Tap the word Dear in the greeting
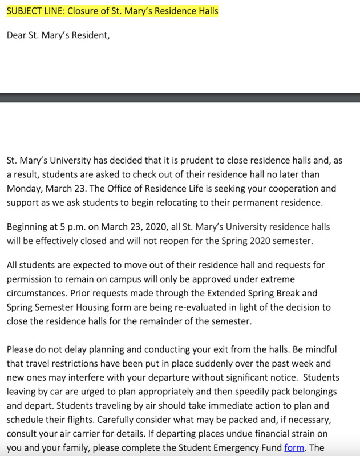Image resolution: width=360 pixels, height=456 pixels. coord(17,35)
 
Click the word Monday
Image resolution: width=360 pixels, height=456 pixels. coord(23,188)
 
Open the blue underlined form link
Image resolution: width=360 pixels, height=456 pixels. coord(294,448)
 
